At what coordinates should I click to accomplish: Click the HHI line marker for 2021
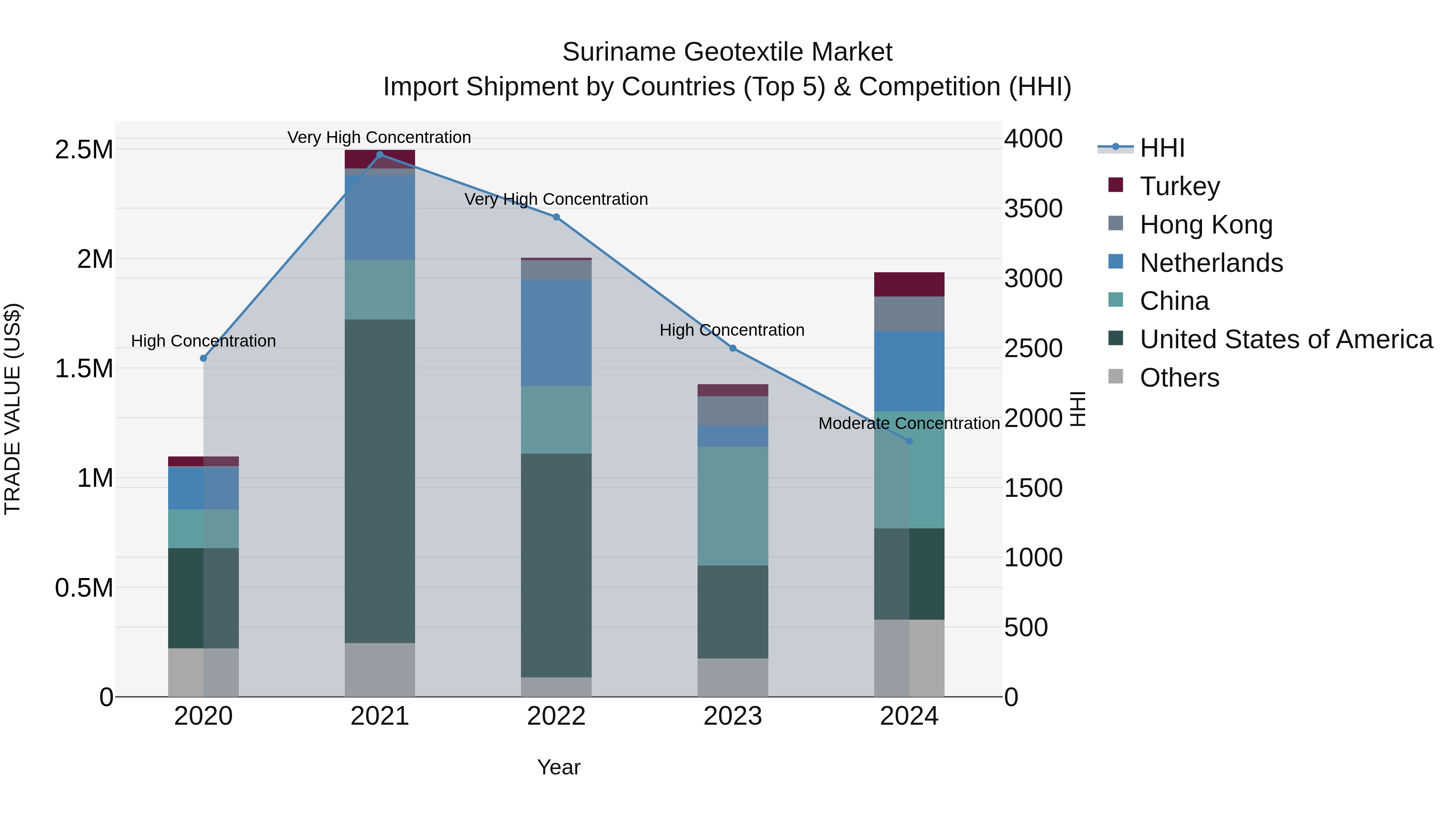380,155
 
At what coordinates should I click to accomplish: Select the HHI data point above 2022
557,217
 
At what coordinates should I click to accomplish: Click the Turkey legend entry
1179,186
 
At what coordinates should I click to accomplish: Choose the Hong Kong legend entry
1206,225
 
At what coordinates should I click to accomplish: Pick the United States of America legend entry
1286,339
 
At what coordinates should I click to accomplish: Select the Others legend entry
1179,378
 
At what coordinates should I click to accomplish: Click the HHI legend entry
1162,148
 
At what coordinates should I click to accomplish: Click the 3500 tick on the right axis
1033,208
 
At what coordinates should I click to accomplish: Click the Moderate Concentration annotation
909,423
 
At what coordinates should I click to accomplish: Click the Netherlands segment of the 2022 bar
557,333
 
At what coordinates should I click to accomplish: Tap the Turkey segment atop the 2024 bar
909,284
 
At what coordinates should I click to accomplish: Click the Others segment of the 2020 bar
203,672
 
